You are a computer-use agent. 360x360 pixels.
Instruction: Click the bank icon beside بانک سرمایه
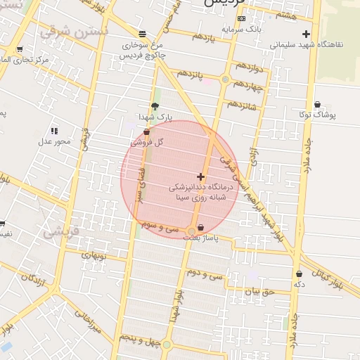point(241,18)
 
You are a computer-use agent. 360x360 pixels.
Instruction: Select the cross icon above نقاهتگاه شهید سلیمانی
point(305,34)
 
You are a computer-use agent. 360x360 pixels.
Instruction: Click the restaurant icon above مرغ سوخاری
point(143,33)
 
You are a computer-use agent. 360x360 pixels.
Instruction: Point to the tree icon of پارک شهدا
point(155,105)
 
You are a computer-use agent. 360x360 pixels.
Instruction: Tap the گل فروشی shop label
point(149,141)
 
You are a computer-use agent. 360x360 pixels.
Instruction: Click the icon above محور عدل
point(54,131)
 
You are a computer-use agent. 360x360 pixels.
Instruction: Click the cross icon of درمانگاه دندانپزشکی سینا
point(201,176)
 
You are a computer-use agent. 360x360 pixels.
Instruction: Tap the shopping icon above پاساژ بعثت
point(202,228)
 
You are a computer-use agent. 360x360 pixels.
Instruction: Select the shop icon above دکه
point(300,274)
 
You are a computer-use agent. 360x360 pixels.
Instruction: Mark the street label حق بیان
point(257,289)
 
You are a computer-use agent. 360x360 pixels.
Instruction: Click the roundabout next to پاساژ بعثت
point(191,231)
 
